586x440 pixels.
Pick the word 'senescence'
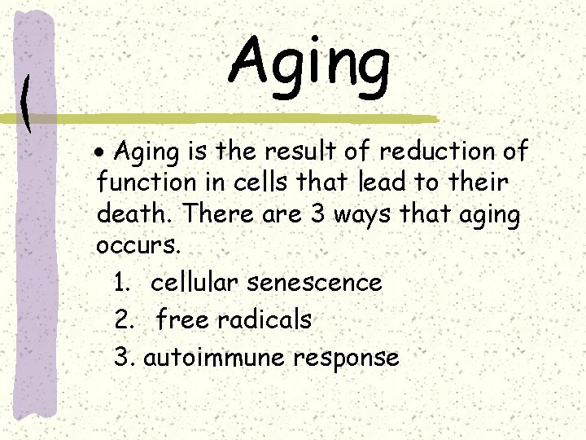(x=314, y=284)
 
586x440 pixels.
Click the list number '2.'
(x=125, y=320)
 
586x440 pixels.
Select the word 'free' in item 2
(x=182, y=320)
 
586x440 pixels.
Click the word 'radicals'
(x=264, y=320)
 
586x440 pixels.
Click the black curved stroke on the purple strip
(x=27, y=104)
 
